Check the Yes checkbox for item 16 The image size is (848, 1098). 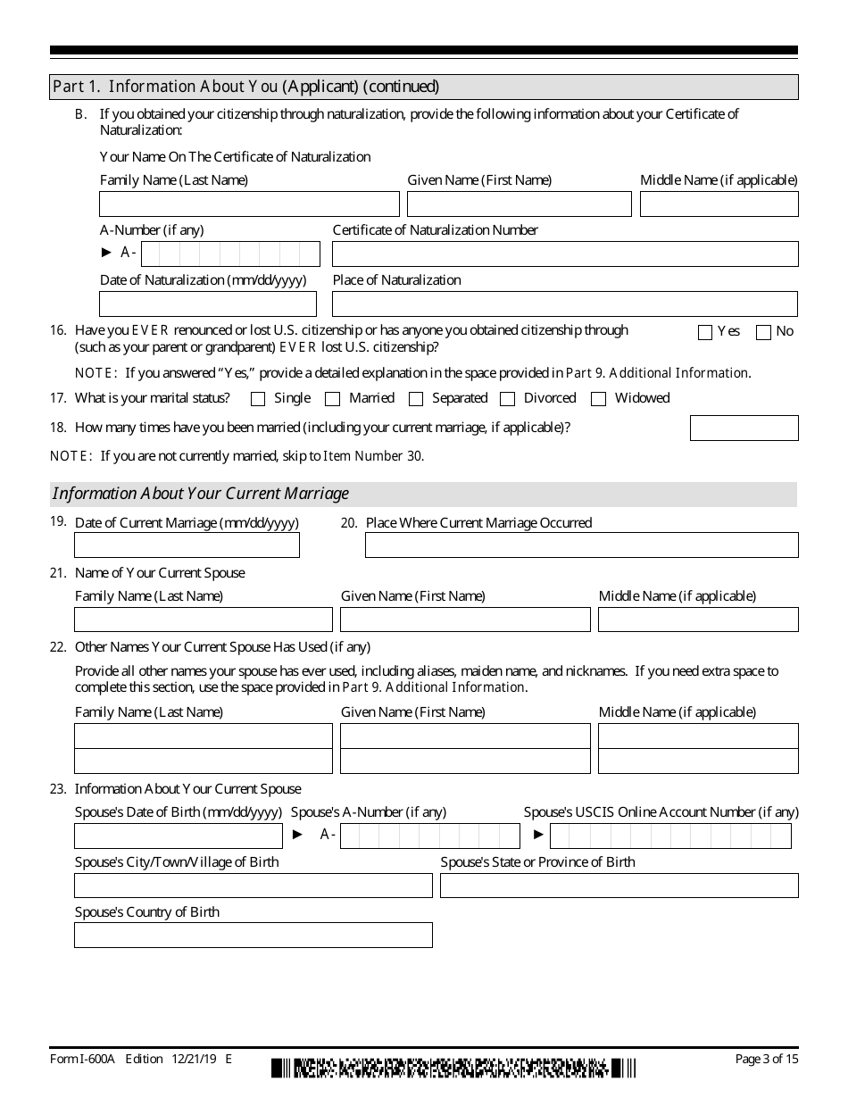[705, 332]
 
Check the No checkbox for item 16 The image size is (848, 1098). [763, 332]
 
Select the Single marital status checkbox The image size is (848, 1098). [259, 399]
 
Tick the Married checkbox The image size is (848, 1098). [333, 399]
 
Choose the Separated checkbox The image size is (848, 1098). [416, 399]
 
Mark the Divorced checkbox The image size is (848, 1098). [508, 399]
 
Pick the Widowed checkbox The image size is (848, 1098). [599, 399]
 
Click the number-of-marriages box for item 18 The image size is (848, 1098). [744, 428]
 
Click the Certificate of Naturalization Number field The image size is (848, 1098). [565, 254]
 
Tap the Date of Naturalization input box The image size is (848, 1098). [208, 304]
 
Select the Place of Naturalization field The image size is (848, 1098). [565, 304]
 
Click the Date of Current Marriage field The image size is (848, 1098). [187, 545]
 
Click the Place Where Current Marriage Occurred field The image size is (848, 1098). [581, 545]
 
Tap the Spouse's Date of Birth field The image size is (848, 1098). [178, 836]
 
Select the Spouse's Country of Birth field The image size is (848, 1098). [253, 936]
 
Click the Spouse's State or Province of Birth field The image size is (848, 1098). [619, 886]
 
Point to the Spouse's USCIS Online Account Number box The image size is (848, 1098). [670, 836]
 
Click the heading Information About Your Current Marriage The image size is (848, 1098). [202, 494]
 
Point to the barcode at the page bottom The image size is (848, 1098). [453, 1068]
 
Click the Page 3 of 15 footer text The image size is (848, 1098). [766, 1060]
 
